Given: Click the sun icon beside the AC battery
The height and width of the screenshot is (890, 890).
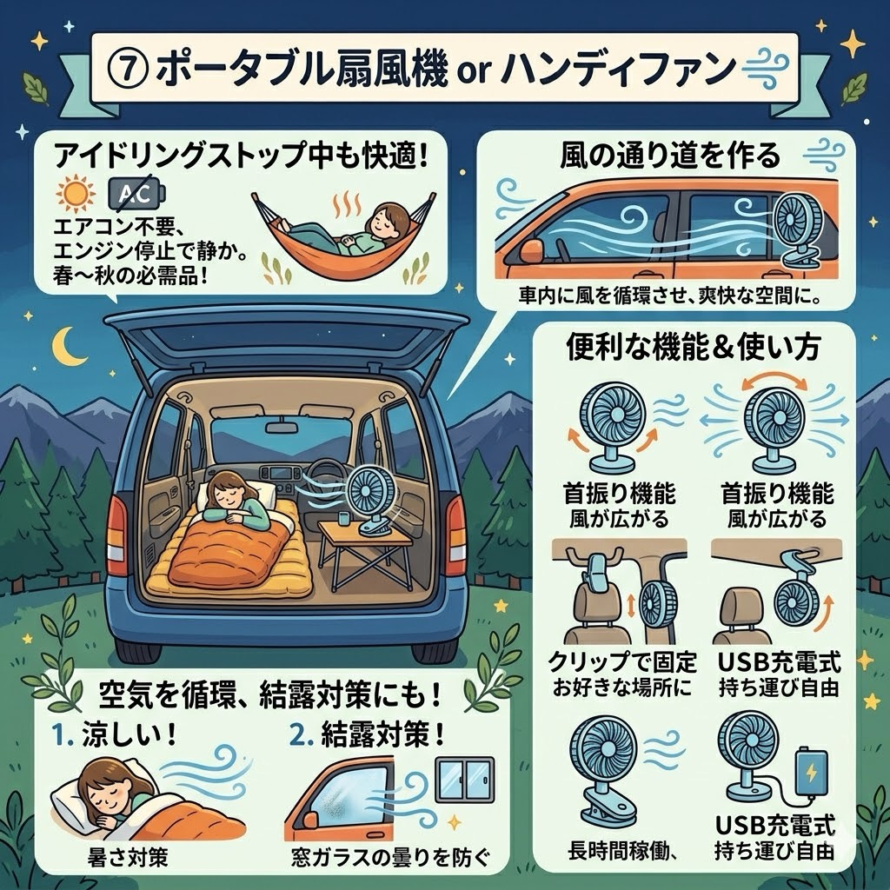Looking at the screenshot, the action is pos(76,195).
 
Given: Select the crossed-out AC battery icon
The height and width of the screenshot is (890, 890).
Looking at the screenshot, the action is pos(136,194).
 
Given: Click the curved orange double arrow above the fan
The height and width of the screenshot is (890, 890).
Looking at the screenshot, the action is pos(774,380).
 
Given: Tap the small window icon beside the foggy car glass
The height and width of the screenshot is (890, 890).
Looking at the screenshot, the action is pos(464,779).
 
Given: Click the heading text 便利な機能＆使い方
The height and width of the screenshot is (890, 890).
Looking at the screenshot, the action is pos(693,348).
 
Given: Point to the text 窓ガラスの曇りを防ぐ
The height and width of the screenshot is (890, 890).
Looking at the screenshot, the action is pos(390,857).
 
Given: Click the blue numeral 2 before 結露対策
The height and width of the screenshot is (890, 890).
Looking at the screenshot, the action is pos(299,735).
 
